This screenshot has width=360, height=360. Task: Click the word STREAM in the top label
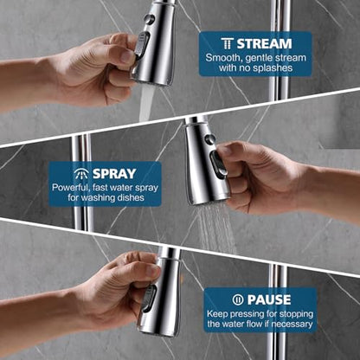click(x=264, y=44)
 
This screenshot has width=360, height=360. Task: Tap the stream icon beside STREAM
click(x=228, y=43)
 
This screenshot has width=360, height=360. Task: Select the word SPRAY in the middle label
click(x=114, y=174)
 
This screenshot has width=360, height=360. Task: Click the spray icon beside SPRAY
click(x=81, y=174)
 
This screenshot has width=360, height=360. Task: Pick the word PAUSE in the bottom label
click(x=269, y=300)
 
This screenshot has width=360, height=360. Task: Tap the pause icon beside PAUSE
click(x=238, y=300)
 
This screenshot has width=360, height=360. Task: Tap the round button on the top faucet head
click(x=149, y=19)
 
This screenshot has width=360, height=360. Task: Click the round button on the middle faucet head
click(x=209, y=139)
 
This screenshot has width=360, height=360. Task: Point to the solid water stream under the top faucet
click(x=146, y=102)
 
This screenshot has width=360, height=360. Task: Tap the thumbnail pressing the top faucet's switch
click(x=127, y=55)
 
